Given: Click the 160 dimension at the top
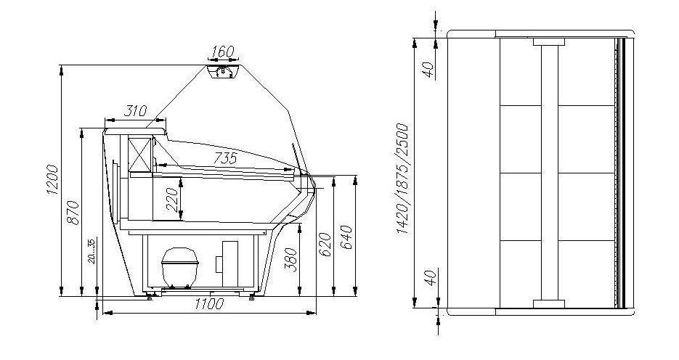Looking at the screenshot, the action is pos(223,52).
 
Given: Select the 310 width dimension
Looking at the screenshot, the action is pos(136,111).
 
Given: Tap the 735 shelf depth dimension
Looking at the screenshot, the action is pos(226,158).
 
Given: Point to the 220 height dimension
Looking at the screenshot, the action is pos(171,199).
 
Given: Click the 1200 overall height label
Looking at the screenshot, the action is pos(52,179).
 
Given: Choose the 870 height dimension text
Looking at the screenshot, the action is pos(73,213).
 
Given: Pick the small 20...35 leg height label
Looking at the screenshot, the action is pos(92,251).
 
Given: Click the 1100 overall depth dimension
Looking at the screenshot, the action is pos(209,304).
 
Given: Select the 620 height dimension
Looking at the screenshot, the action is pos(325,245).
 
